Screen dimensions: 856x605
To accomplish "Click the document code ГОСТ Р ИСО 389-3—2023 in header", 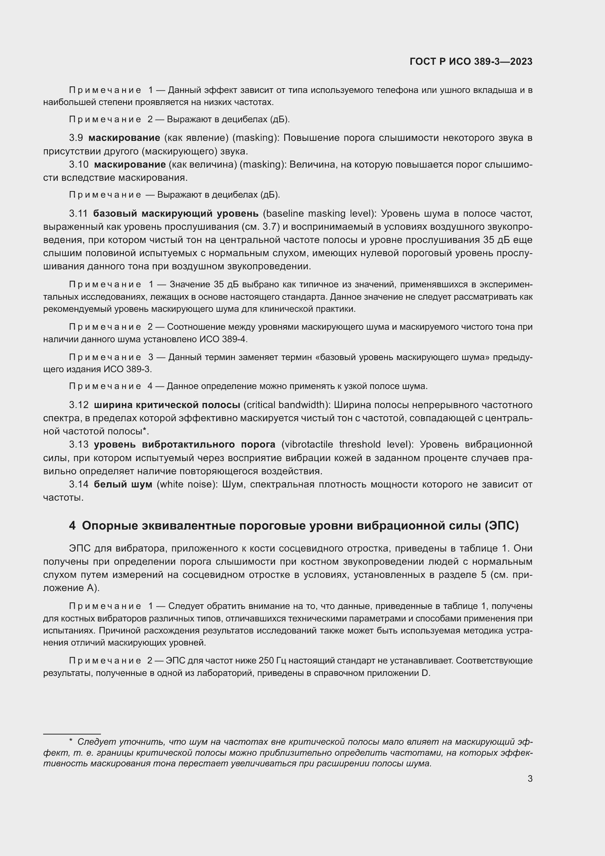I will tap(471, 62).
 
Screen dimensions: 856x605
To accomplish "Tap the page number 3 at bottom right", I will tap(530, 778).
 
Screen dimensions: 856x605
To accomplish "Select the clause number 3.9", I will tap(76, 138).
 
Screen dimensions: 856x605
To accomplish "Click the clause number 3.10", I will tap(79, 164).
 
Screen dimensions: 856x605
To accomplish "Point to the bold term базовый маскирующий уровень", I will tap(176, 214).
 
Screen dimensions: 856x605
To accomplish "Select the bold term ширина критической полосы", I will tap(167, 405).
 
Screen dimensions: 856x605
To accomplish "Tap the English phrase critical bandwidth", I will tap(285, 405).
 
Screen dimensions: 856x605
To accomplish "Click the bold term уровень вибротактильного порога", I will tap(184, 444).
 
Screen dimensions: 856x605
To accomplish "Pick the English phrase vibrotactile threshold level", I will tap(347, 444).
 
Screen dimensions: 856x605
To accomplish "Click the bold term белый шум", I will tap(123, 484).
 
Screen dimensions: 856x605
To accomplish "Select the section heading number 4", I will tap(72, 526).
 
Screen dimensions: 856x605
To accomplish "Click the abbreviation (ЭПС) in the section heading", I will tap(501, 526).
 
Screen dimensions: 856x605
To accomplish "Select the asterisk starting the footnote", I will tap(71, 743).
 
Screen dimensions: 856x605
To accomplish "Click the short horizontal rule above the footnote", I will tap(72, 734).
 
